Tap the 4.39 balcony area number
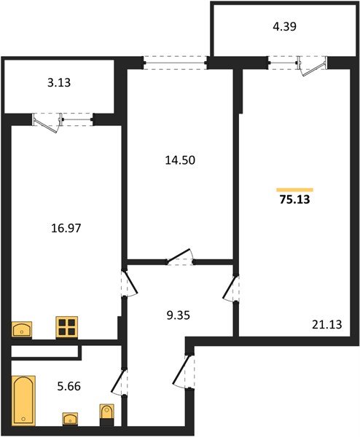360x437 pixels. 286,28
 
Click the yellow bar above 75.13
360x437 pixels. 294,189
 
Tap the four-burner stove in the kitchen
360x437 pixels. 67,328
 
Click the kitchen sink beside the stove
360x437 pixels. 23,329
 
